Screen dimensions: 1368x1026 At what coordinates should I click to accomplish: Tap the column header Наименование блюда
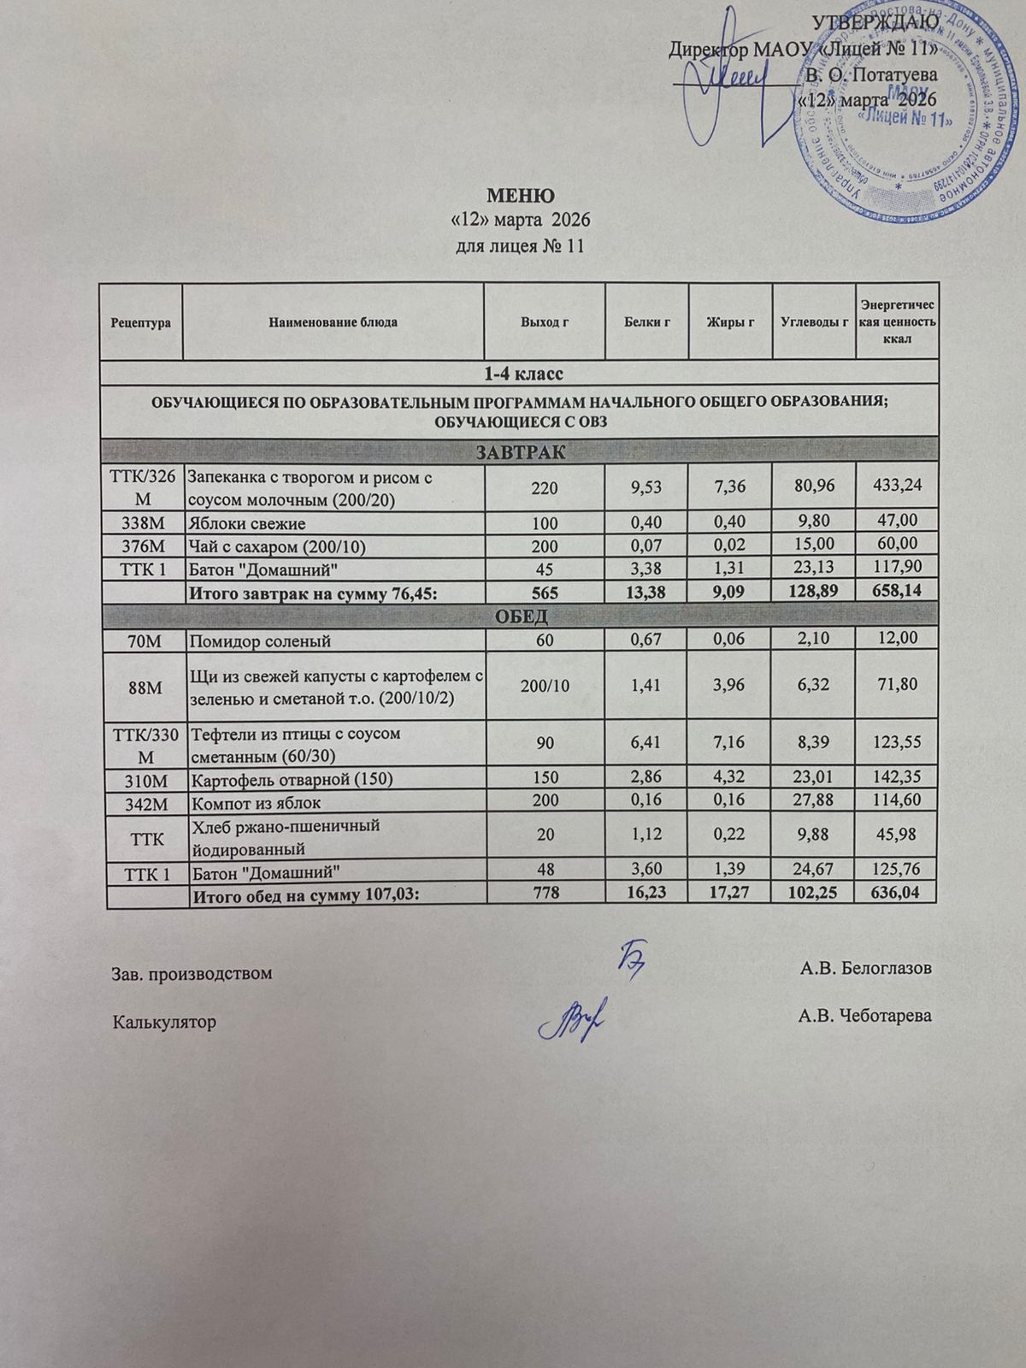(333, 323)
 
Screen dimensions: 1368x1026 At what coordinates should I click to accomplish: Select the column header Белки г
(646, 323)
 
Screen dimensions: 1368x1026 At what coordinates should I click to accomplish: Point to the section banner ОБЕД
(521, 616)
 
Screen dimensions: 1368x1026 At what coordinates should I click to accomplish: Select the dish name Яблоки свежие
(248, 523)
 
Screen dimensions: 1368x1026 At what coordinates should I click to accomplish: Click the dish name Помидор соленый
(260, 640)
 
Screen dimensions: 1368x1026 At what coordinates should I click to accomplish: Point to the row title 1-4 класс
(521, 374)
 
